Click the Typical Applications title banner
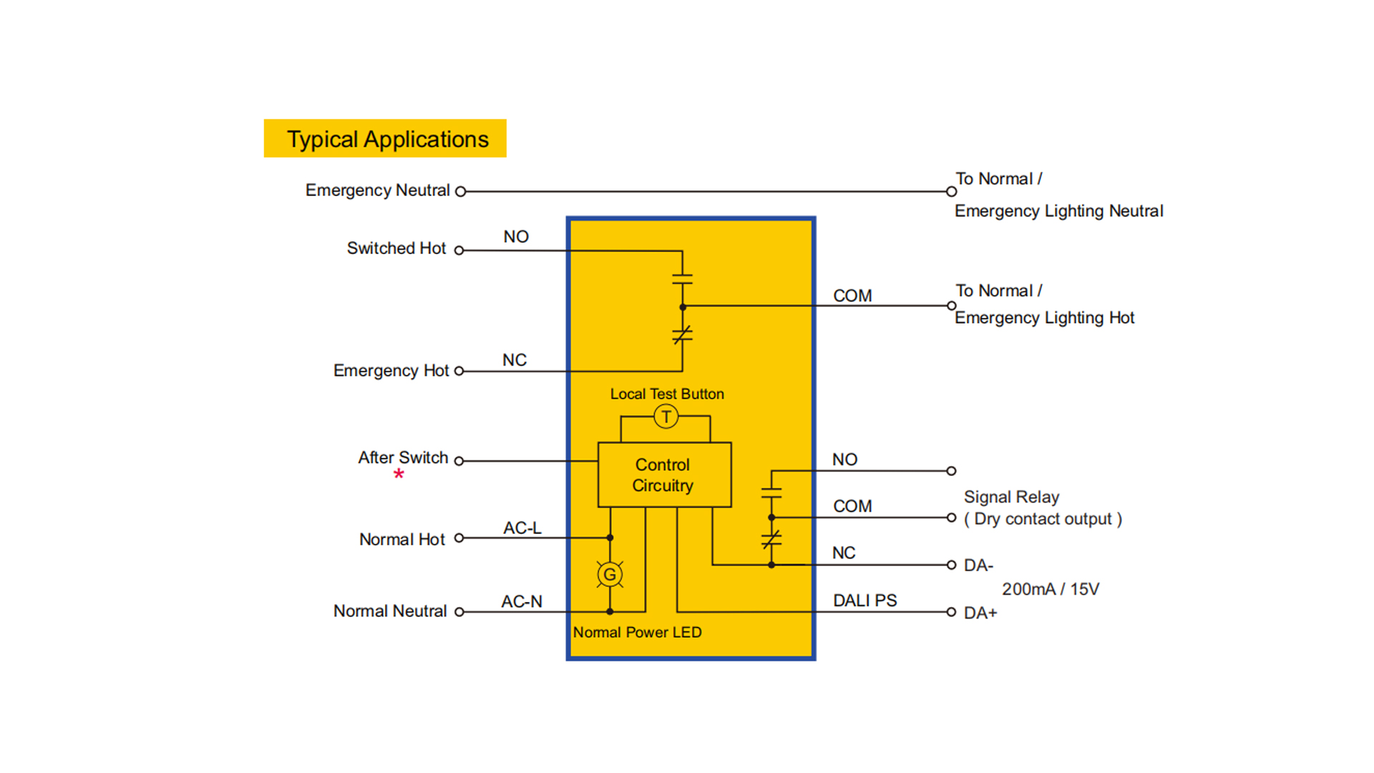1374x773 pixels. pyautogui.click(x=386, y=139)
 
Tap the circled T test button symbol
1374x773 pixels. pyautogui.click(x=666, y=417)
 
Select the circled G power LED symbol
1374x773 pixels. pyautogui.click(x=610, y=574)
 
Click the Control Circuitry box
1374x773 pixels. pyautogui.click(x=664, y=475)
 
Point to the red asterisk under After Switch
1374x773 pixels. pyautogui.click(x=399, y=474)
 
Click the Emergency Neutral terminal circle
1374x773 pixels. pyautogui.click(x=461, y=192)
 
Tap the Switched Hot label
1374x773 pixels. pyautogui.click(x=396, y=248)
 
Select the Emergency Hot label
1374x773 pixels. pyautogui.click(x=391, y=371)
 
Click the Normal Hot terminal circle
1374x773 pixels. pyautogui.click(x=459, y=538)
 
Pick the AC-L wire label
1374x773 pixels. pyautogui.click(x=522, y=528)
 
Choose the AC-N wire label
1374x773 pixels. pyautogui.click(x=522, y=602)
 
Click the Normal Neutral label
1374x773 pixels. pyautogui.click(x=390, y=611)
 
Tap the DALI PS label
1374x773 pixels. pyautogui.click(x=864, y=601)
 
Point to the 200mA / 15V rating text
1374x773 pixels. pyautogui.click(x=1050, y=589)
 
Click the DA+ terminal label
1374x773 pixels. pyautogui.click(x=980, y=613)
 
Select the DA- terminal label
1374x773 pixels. pyautogui.click(x=978, y=565)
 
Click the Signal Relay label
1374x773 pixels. pyautogui.click(x=1011, y=497)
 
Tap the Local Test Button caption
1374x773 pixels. pyautogui.click(x=667, y=394)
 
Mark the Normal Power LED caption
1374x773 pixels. pyautogui.click(x=637, y=633)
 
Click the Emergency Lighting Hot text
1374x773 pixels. pyautogui.click(x=1044, y=318)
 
